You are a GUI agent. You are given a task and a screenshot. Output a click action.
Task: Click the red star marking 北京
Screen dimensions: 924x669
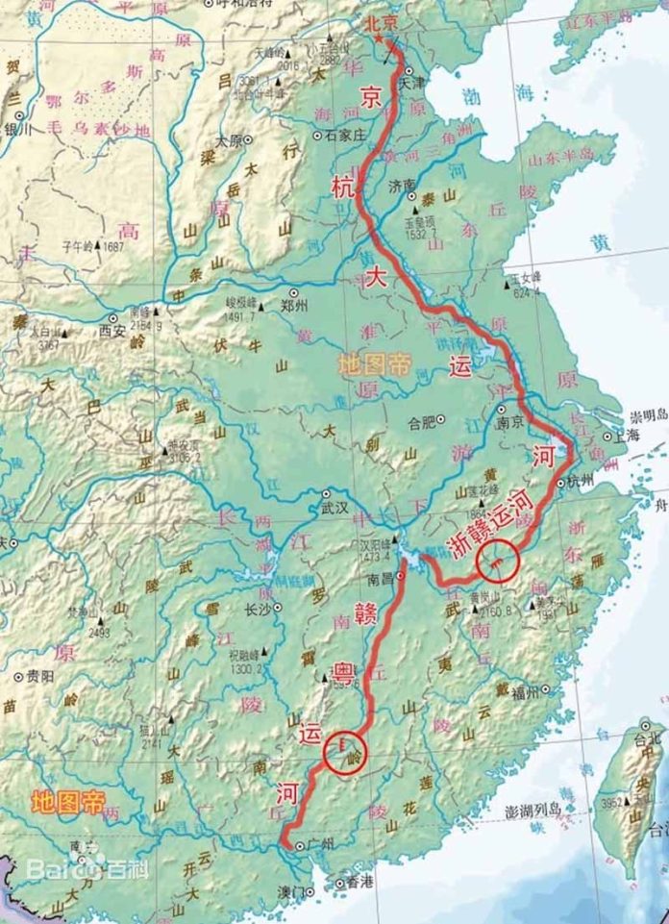click(379, 38)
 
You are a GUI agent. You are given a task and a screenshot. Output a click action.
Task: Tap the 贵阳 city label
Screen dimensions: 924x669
click(40, 675)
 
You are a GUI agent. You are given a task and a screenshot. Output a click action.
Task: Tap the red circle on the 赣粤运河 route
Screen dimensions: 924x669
click(345, 751)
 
